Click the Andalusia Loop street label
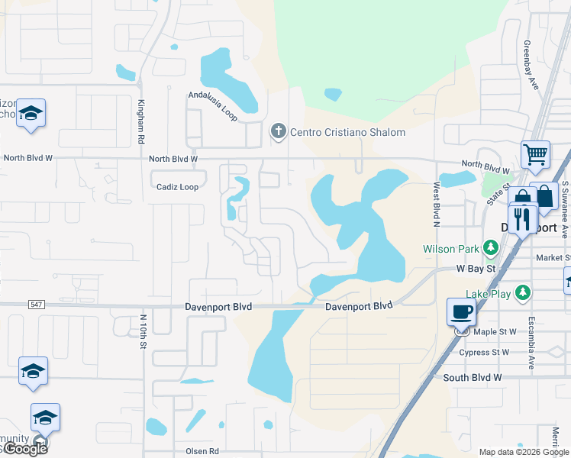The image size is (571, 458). (213, 106)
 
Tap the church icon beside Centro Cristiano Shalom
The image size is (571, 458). (279, 132)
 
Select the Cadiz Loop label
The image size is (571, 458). (177, 187)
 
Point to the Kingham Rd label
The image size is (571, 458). (141, 121)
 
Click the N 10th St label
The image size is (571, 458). (143, 331)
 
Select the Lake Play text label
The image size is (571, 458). (489, 293)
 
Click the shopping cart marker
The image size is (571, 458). (535, 154)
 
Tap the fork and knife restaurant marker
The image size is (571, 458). (522, 218)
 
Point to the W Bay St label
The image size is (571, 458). (476, 269)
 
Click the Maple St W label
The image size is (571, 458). (495, 332)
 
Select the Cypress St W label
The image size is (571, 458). (484, 353)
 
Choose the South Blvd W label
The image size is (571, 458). (473, 377)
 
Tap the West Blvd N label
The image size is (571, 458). (437, 204)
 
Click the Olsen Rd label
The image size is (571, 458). (202, 452)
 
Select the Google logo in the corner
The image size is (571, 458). (25, 449)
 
